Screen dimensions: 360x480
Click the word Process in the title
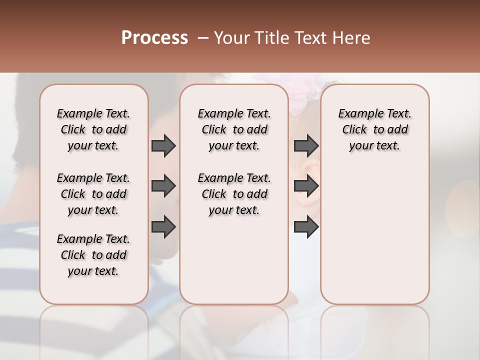[x=154, y=37]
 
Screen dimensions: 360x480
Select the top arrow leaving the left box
[x=163, y=145]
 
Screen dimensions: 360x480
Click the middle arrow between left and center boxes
[x=163, y=186]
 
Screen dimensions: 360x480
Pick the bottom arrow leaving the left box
[x=163, y=227]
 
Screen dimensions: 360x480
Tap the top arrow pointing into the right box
[x=306, y=145]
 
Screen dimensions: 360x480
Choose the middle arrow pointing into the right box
[x=306, y=186]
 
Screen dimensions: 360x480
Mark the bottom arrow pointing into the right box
[x=306, y=227]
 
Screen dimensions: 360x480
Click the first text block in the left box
[x=93, y=129]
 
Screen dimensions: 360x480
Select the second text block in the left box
[x=93, y=194]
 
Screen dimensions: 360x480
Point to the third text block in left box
[x=93, y=255]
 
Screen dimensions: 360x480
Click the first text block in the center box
[x=234, y=129]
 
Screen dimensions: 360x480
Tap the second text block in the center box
[x=234, y=194]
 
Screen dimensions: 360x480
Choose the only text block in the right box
[x=374, y=129]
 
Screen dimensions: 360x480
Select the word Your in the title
[x=231, y=38]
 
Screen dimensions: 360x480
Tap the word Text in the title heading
[x=309, y=38]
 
